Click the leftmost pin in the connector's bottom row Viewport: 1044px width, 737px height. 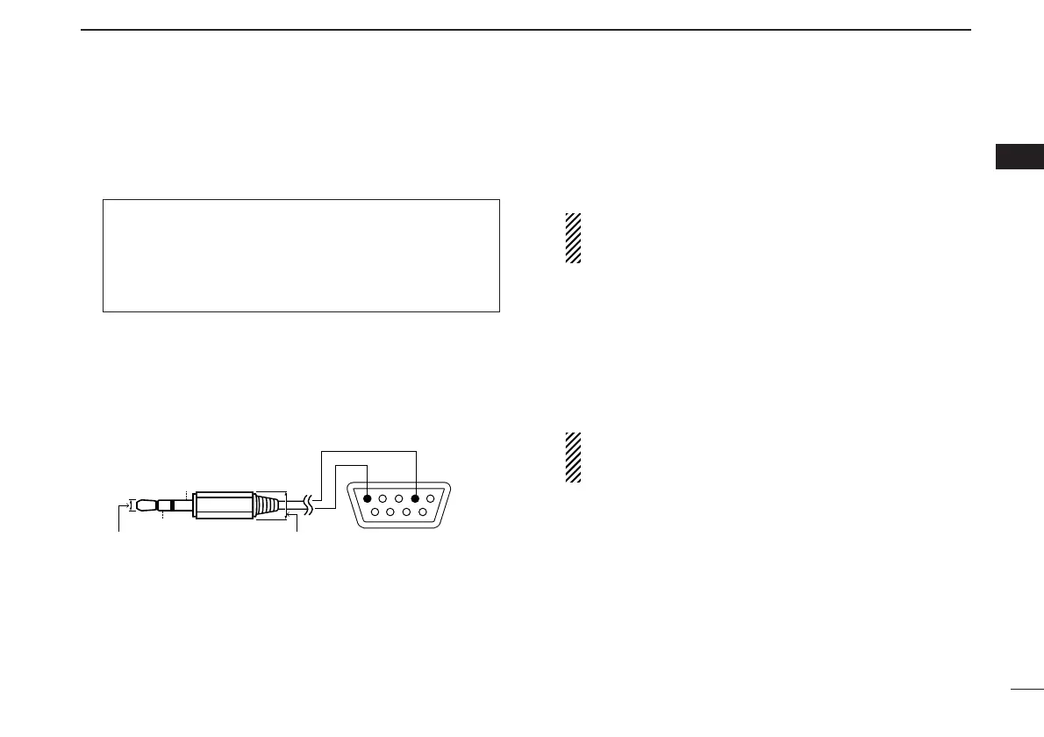coord(376,512)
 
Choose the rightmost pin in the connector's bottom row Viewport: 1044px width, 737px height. coord(423,512)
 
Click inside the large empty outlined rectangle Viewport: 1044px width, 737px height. coord(301,255)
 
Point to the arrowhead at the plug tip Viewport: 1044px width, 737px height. coord(124,505)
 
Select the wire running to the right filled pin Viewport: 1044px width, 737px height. coord(368,452)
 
